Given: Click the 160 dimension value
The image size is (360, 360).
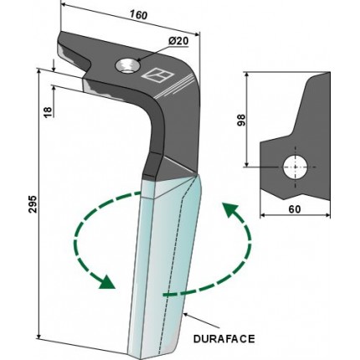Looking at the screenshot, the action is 139,15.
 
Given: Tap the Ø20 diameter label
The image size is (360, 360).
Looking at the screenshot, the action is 178,41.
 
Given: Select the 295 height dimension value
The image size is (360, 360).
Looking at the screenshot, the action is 33,203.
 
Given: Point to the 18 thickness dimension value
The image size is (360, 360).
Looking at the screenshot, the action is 48,111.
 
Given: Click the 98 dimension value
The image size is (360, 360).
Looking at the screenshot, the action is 241,120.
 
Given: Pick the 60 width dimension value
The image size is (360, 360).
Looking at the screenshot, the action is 295,209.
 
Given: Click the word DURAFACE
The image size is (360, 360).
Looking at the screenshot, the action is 224,339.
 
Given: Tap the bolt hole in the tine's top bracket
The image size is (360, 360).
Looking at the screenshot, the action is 127,66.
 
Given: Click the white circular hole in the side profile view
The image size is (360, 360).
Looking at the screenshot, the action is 296,167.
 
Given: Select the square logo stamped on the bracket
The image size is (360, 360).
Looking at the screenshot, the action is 157,75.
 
